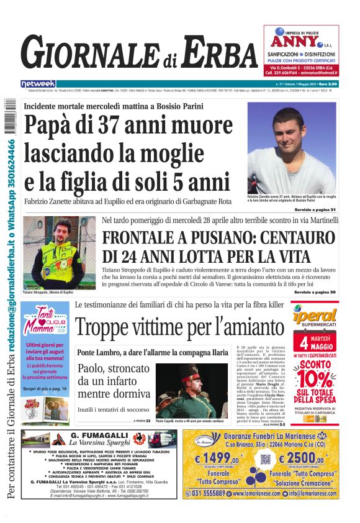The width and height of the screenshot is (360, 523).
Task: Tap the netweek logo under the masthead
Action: tap(38, 83)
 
